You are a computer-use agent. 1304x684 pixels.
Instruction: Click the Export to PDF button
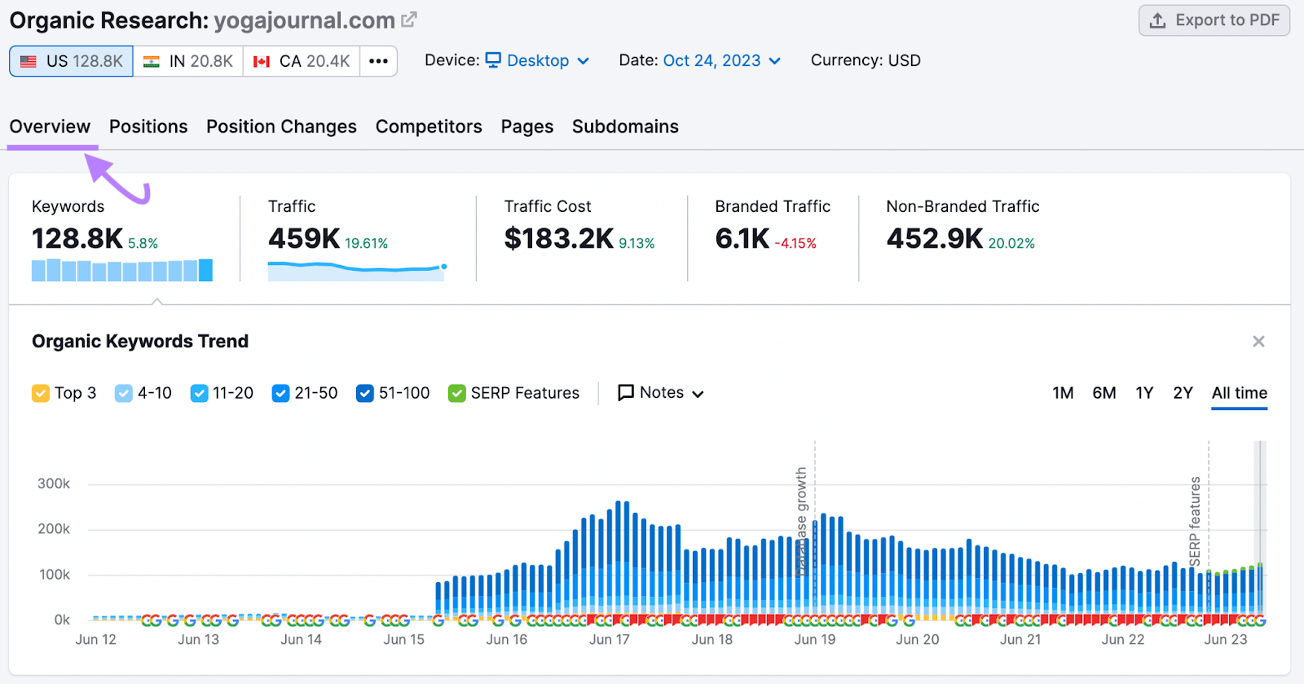pyautogui.click(x=1214, y=20)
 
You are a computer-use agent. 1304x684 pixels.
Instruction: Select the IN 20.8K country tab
pyautogui.click(x=188, y=61)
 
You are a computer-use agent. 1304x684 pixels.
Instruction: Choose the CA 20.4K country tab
pyautogui.click(x=302, y=61)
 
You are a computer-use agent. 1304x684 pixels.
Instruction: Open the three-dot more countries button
pyautogui.click(x=378, y=61)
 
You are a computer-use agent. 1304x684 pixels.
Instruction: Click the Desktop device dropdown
pyautogui.click(x=538, y=60)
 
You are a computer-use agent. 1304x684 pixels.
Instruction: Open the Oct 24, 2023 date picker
pyautogui.click(x=721, y=60)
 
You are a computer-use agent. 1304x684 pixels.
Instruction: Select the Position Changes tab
pyautogui.click(x=281, y=126)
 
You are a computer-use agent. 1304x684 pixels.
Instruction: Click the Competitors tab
pyautogui.click(x=429, y=126)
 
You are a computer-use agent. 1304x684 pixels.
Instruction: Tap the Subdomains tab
pyautogui.click(x=625, y=126)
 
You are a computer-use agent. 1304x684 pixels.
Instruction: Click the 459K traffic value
pyautogui.click(x=304, y=239)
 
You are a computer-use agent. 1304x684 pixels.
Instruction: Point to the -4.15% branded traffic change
pyautogui.click(x=795, y=244)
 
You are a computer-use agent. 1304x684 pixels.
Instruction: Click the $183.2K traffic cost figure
pyautogui.click(x=558, y=239)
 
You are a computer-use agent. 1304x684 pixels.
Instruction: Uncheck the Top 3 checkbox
pyautogui.click(x=41, y=394)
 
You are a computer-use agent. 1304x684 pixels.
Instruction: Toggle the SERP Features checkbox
pyautogui.click(x=457, y=394)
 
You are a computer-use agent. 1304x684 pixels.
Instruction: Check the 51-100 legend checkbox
pyautogui.click(x=365, y=394)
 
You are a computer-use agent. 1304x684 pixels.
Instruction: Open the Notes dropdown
pyautogui.click(x=661, y=393)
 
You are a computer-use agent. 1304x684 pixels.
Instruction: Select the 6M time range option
pyautogui.click(x=1104, y=393)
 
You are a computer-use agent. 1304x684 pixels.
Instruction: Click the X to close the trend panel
pyautogui.click(x=1258, y=342)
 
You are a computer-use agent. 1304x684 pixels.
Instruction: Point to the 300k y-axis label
pyautogui.click(x=54, y=483)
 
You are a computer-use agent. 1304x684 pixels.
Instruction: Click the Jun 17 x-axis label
pyautogui.click(x=610, y=640)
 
